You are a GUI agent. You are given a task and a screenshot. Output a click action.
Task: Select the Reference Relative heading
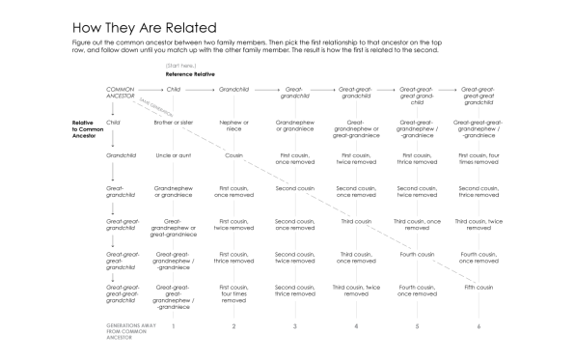pyautogui.click(x=189, y=73)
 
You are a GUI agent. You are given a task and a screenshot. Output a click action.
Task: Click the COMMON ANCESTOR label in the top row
pyautogui.click(x=122, y=94)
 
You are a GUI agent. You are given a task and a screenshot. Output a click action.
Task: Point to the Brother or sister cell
pyautogui.click(x=174, y=124)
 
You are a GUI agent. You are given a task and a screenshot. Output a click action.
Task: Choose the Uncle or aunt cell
pyautogui.click(x=174, y=154)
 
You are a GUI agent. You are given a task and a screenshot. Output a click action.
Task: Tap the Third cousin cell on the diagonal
pyautogui.click(x=356, y=221)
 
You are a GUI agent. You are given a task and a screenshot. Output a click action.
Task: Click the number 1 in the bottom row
pyautogui.click(x=174, y=326)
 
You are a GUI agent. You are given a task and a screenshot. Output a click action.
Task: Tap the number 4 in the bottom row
pyautogui.click(x=356, y=326)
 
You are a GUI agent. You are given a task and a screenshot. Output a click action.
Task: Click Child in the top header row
pyautogui.click(x=174, y=89)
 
